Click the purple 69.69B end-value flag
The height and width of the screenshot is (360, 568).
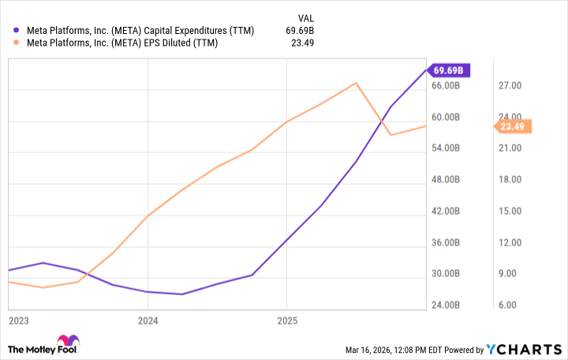coord(451,70)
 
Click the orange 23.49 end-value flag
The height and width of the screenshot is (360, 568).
coord(513,126)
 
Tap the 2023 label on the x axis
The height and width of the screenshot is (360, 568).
coord(19,321)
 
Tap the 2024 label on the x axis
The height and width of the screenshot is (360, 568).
coord(148,321)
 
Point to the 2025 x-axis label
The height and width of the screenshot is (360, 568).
coord(287,321)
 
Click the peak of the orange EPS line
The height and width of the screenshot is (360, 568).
coord(357,83)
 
